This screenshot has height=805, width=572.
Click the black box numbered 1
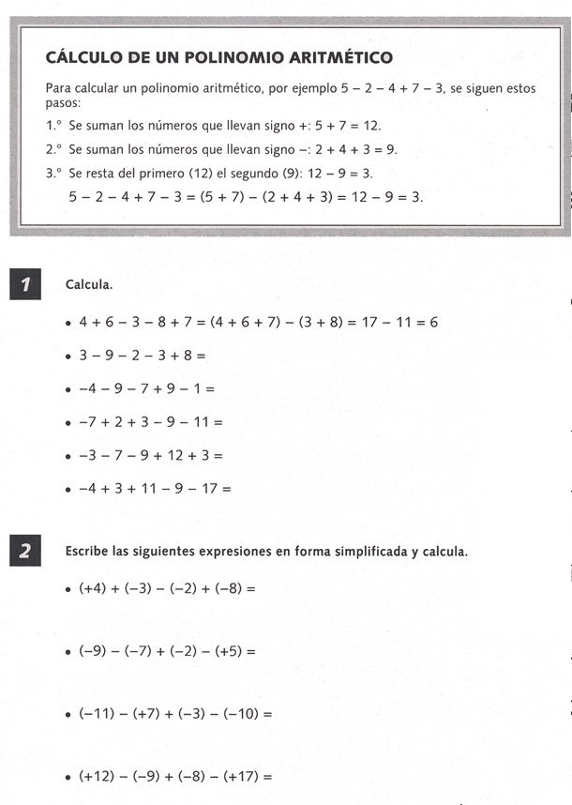[24, 283]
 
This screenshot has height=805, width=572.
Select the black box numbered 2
[24, 551]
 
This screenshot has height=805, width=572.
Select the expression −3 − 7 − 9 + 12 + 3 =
[150, 455]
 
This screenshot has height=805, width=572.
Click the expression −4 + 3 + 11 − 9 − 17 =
[154, 488]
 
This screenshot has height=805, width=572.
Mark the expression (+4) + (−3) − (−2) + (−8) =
[167, 589]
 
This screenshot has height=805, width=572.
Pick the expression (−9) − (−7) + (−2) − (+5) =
[167, 649]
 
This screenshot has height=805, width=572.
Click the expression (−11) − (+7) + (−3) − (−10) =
[175, 713]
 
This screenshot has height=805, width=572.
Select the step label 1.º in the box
[53, 125]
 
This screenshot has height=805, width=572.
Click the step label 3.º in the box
[53, 174]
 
